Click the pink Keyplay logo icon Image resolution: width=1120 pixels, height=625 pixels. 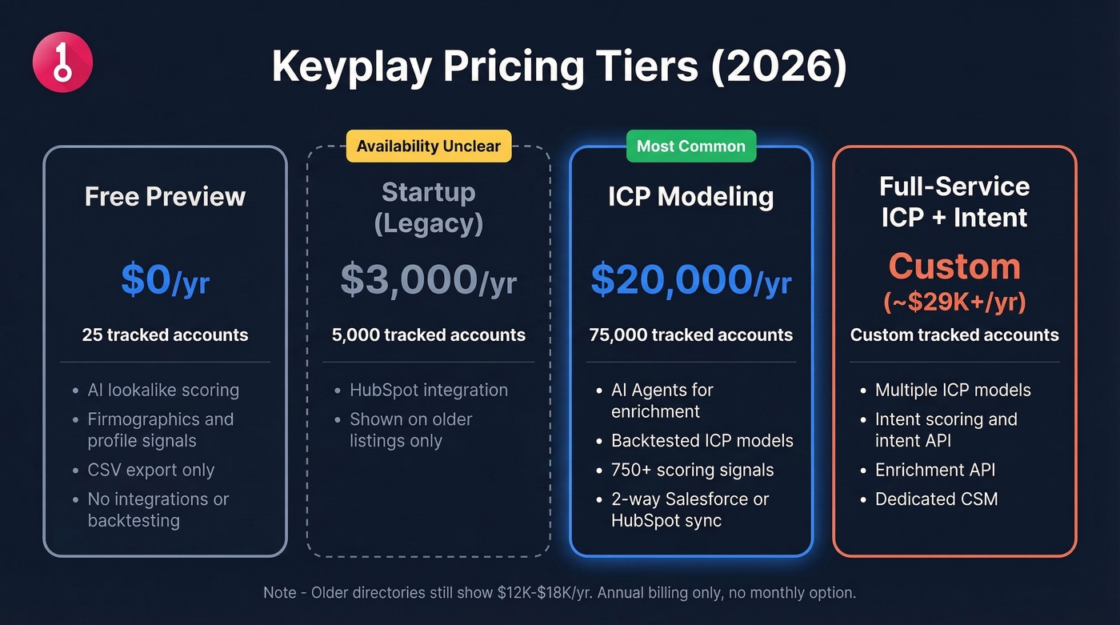point(62,62)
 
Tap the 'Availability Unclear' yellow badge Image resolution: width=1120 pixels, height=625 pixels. point(428,146)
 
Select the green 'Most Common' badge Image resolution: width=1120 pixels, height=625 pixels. point(690,146)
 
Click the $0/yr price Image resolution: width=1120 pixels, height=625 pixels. point(165,281)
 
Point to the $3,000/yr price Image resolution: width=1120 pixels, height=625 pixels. point(428,281)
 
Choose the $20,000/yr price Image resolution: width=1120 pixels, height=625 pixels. point(690,281)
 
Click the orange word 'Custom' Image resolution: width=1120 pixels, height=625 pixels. point(954,266)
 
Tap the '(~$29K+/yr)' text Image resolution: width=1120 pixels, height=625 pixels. point(954,302)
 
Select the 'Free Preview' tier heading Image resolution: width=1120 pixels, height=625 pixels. point(165,197)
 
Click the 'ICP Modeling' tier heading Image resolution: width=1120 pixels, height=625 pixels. point(690,197)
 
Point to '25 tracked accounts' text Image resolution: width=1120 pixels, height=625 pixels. point(165,335)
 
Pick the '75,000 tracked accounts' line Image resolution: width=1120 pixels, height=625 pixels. point(690,335)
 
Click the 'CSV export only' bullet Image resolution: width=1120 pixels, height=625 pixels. point(150,470)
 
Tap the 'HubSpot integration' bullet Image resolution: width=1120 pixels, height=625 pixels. point(428,390)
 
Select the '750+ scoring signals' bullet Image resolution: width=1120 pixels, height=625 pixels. point(692,470)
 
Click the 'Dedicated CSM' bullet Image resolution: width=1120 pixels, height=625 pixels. point(936,499)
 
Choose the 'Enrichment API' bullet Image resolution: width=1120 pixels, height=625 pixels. point(934,470)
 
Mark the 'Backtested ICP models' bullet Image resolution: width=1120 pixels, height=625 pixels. point(702,441)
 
